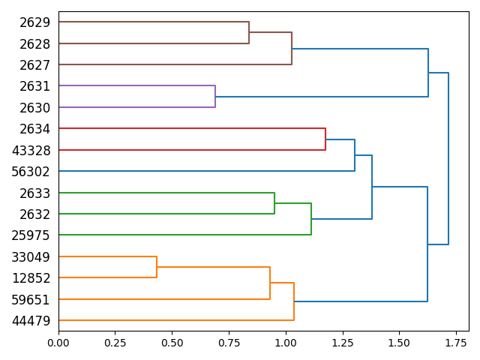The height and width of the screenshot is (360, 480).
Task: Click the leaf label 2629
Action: [x=35, y=22]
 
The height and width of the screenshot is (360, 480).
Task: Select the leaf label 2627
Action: [x=35, y=65]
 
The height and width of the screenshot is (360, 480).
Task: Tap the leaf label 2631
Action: [x=35, y=86]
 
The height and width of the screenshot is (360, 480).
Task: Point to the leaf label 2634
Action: [x=35, y=129]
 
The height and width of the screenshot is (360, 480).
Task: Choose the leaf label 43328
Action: [x=31, y=150]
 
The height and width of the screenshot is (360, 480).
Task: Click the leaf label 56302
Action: [x=31, y=172]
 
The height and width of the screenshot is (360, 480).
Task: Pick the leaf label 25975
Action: [x=31, y=235]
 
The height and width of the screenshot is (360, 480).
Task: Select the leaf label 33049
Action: [x=31, y=257]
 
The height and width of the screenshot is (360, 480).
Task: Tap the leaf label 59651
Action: [x=31, y=299]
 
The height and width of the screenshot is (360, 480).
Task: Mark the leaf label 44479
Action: [x=31, y=321]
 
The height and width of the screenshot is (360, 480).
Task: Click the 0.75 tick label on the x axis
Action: [x=229, y=341]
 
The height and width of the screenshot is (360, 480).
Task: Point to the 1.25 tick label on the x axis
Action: [x=342, y=341]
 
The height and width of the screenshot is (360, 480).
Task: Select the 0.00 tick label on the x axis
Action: [x=58, y=341]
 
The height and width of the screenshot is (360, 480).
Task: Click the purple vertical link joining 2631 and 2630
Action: [x=215, y=97]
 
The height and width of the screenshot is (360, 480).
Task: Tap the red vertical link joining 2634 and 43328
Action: [x=325, y=139]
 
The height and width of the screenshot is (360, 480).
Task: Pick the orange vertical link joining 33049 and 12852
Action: [x=157, y=267]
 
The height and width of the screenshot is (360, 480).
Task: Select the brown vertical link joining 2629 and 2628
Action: [x=249, y=33]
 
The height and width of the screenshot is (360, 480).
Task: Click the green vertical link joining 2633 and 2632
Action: [x=274, y=203]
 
